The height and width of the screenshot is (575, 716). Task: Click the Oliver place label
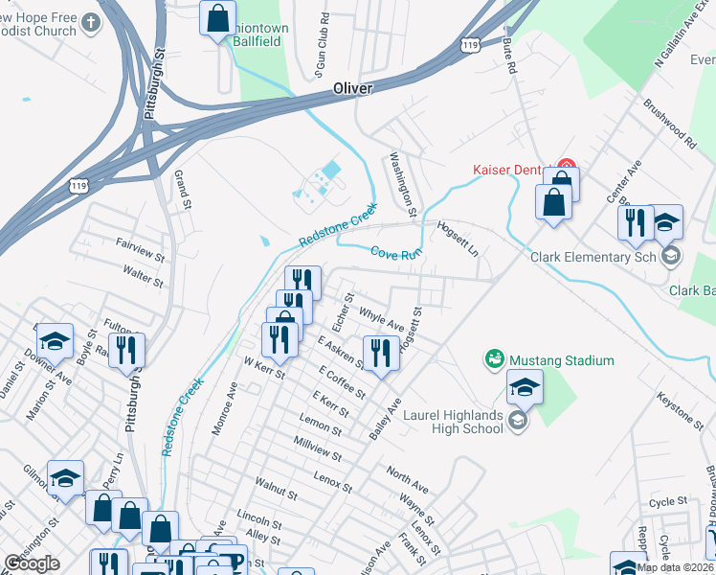click(x=351, y=87)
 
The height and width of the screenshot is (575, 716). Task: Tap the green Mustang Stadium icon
click(x=494, y=360)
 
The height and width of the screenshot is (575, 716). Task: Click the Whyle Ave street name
click(x=380, y=319)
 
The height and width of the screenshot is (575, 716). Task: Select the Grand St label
click(x=182, y=190)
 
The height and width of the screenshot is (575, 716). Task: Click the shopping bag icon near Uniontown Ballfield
click(x=217, y=16)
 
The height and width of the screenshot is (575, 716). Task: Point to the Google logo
click(x=32, y=563)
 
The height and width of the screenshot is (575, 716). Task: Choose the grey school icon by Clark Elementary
click(x=671, y=255)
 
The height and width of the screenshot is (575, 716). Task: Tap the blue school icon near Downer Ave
click(x=54, y=341)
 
